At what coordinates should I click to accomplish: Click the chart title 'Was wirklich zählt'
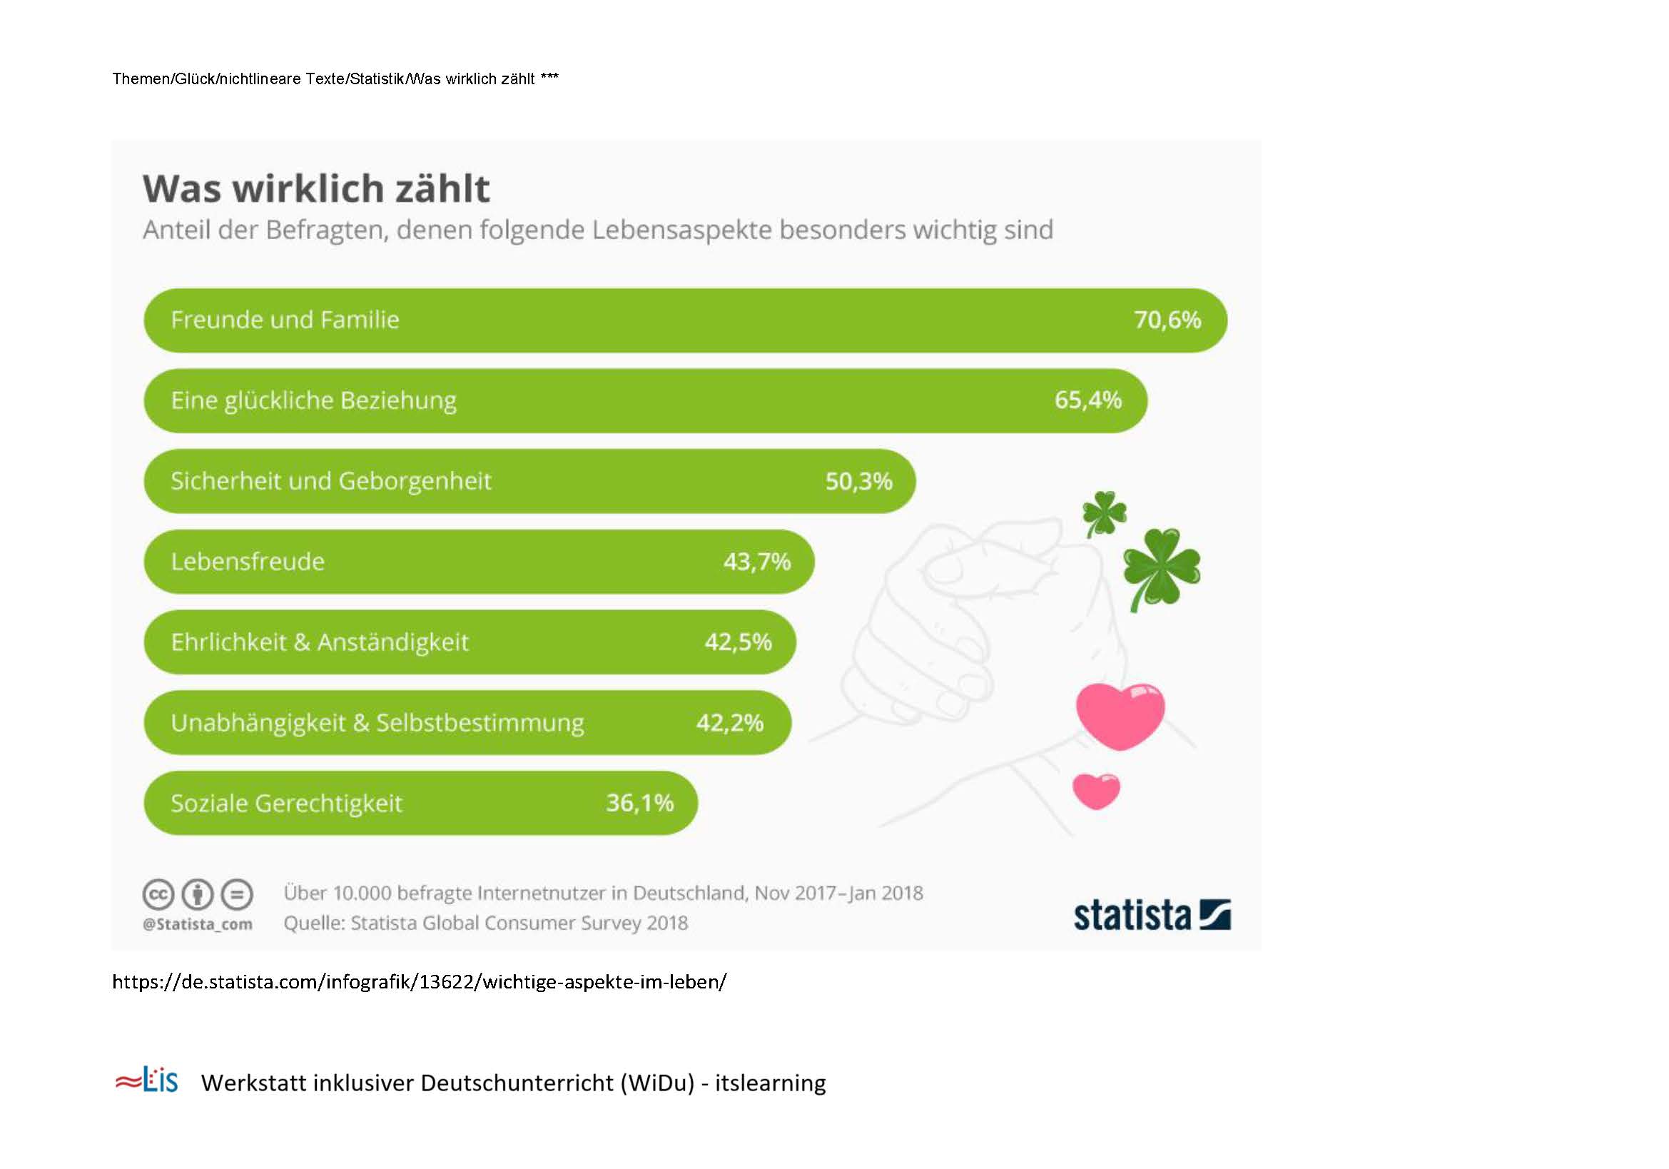316,188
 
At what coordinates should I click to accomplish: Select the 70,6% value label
1167,320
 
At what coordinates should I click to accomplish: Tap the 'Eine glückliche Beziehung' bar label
313,401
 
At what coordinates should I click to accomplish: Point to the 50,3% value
858,481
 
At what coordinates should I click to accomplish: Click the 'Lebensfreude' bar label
247,561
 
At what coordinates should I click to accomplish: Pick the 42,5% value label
738,642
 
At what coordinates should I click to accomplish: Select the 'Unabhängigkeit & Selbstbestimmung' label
377,724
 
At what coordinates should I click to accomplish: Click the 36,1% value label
639,803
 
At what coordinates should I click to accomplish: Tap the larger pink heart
1120,716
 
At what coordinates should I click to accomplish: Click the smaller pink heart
1096,791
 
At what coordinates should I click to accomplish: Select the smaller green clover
1103,513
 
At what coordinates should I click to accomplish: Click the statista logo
1152,914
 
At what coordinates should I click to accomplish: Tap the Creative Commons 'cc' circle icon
158,894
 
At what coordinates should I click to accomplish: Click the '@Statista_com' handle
198,924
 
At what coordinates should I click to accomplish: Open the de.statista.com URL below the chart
420,982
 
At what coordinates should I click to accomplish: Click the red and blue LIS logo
146,1081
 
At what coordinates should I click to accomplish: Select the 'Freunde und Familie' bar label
285,320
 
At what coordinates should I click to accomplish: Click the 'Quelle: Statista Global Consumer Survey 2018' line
486,923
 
